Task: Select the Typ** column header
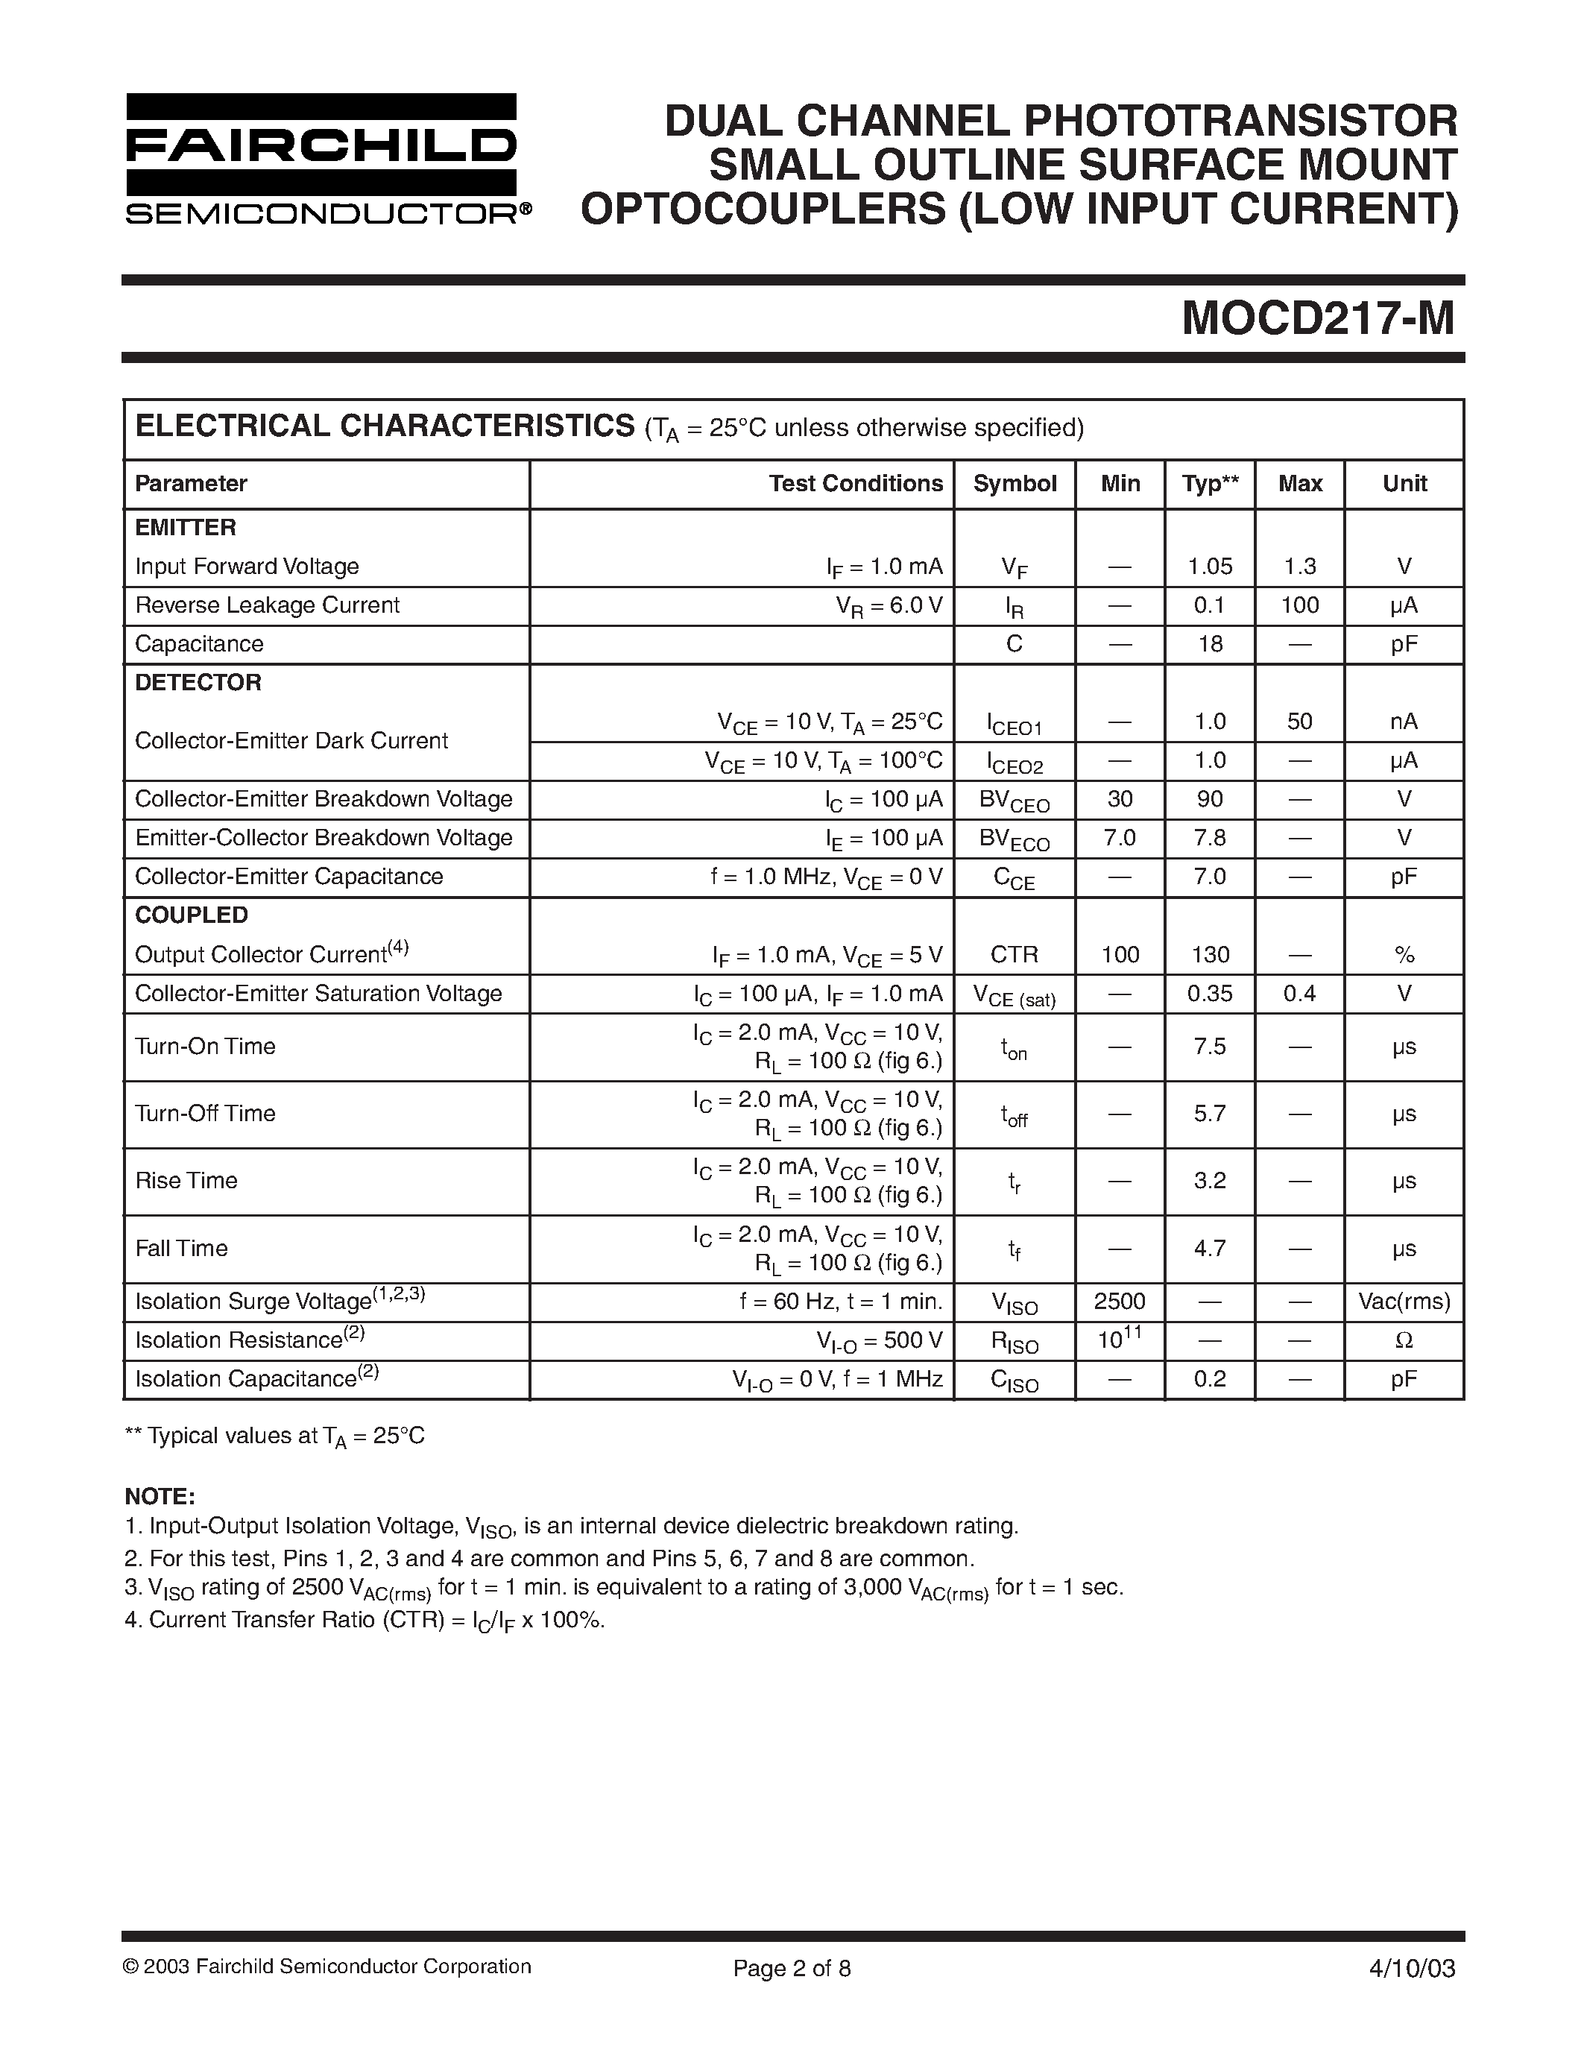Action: click(1210, 483)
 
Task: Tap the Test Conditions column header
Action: click(855, 483)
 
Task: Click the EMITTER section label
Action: click(185, 528)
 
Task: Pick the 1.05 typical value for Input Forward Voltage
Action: click(1210, 566)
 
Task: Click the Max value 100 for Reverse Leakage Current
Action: click(1300, 605)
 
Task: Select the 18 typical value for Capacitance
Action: click(1210, 644)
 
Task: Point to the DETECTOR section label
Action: click(198, 682)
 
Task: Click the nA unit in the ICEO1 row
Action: click(1404, 721)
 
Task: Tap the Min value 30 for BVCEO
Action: click(1120, 799)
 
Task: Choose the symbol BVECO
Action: click(1015, 838)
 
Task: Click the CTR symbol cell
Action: click(1015, 955)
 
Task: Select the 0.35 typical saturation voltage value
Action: click(1210, 993)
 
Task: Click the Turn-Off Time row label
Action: click(206, 1113)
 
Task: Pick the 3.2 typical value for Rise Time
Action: click(1210, 1181)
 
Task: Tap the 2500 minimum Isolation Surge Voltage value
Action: click(1120, 1301)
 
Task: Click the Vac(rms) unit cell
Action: click(1404, 1301)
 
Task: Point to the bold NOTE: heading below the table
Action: click(160, 1496)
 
